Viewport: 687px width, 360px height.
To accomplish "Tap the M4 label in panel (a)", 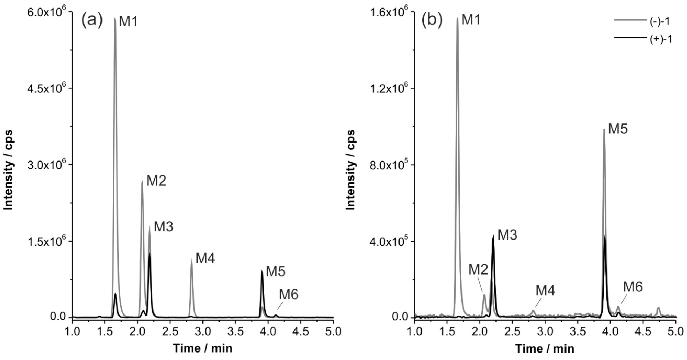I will point(205,258).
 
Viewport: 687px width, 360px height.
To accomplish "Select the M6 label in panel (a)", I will point(289,295).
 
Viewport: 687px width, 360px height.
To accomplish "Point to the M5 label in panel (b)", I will point(618,129).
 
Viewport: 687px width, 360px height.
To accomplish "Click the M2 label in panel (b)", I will point(478,270).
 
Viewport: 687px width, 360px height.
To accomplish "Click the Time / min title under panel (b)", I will point(545,348).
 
